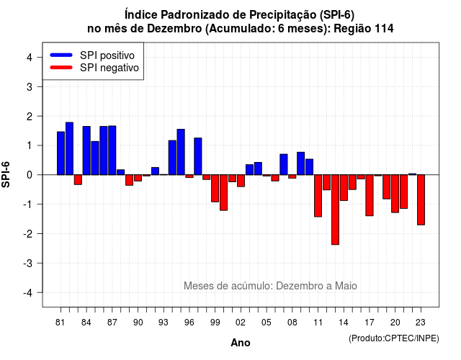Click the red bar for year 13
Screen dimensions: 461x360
click(335, 210)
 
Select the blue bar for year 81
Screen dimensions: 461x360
click(61, 153)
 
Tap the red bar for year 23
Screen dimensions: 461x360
click(421, 200)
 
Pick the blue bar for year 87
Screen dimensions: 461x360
click(112, 150)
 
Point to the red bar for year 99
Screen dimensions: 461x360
click(215, 189)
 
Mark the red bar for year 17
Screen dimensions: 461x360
click(370, 195)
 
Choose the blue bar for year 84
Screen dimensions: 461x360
click(86, 150)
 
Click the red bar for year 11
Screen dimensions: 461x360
click(318, 196)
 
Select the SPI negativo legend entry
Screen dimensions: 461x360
click(94, 68)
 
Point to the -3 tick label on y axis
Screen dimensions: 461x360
click(29, 263)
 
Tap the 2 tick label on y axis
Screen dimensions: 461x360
click(30, 116)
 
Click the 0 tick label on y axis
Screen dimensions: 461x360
click(30, 175)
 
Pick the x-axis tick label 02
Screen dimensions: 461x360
click(241, 323)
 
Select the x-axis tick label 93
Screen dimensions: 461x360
click(164, 323)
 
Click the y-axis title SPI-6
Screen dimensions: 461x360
click(6, 174)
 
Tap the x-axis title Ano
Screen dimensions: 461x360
click(241, 343)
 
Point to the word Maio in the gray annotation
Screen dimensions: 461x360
click(346, 286)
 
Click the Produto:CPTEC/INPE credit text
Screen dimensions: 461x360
click(394, 338)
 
